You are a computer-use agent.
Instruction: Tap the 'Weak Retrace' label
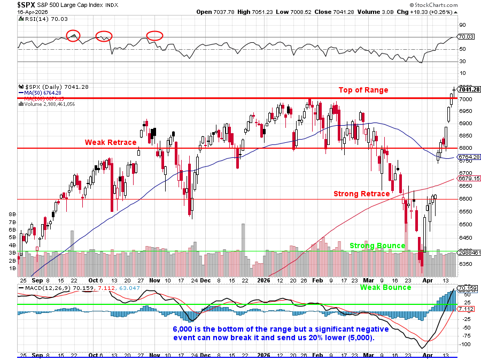coord(111,142)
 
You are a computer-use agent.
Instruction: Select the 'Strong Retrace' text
coord(362,194)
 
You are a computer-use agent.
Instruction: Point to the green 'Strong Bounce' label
coord(377,246)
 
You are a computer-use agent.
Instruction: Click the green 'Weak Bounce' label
coord(385,287)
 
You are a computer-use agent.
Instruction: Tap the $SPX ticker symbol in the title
coord(27,4)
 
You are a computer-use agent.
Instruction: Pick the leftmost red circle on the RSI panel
coord(73,36)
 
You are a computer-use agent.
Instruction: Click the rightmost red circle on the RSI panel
coord(154,36)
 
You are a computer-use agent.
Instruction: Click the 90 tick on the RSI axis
coord(463,25)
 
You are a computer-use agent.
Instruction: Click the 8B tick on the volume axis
coord(12,213)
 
